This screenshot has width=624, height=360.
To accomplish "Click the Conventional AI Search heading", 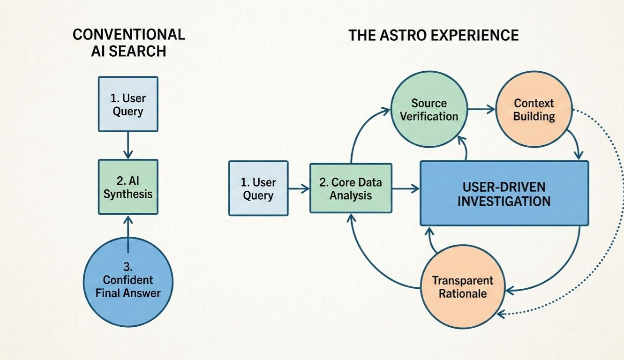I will coord(128,42).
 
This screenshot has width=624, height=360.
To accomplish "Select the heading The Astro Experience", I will coord(434,35).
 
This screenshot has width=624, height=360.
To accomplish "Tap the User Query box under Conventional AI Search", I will coord(128,104).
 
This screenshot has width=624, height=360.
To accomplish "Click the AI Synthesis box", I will coord(128,187).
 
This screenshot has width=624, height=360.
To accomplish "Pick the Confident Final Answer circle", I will coord(128,281).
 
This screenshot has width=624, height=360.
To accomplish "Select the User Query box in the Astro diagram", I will coord(258,188).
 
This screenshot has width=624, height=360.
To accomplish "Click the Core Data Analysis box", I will coord(351,188).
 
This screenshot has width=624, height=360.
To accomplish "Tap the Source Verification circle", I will coord(429,109).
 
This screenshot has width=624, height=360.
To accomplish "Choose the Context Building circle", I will coord(534,109).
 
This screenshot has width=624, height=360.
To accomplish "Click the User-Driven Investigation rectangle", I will coord(504,193).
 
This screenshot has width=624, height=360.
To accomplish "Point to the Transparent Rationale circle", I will coord(462,287).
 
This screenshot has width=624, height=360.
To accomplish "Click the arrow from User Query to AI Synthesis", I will coord(128,145).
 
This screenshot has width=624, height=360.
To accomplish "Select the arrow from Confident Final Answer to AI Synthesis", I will coord(128,227).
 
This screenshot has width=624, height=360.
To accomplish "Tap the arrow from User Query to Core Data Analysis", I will coord(299,188).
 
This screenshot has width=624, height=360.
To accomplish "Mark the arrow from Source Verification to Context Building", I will coord(481,109).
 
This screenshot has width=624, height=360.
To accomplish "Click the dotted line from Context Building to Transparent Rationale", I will coord(619,211).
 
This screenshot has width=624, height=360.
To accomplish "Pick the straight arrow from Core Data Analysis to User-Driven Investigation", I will coord(406,188).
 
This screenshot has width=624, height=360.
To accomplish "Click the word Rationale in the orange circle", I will coord(462,294).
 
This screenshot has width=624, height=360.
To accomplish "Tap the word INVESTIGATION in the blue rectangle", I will coord(504,201).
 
